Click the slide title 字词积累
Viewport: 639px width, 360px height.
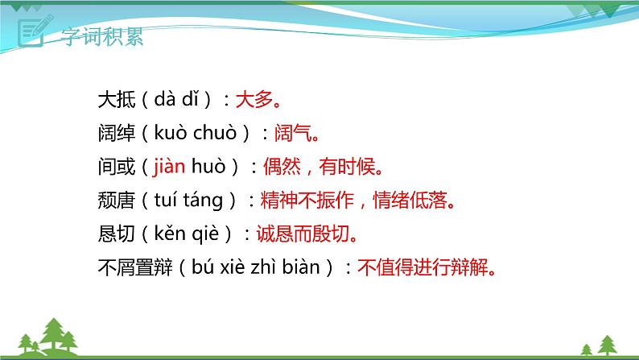tap(102, 36)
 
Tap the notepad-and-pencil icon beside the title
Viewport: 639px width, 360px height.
tap(35, 31)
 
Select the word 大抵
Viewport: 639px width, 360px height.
tap(117, 100)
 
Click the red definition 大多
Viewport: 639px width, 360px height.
tap(254, 100)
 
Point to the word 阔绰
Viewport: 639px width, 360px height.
tap(117, 133)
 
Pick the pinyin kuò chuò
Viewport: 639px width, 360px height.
tap(196, 133)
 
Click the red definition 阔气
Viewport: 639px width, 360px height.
tap(293, 133)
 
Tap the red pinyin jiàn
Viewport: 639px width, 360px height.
tap(169, 167)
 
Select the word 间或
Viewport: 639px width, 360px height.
tap(117, 167)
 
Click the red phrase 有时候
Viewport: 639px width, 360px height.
tap(347, 167)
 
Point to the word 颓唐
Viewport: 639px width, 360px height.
tap(117, 201)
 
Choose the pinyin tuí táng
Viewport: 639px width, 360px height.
tap(188, 201)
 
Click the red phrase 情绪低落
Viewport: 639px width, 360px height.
tap(410, 201)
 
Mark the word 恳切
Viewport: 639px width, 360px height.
tap(117, 234)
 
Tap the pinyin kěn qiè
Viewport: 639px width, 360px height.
tap(187, 234)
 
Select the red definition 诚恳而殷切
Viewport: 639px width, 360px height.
tap(303, 234)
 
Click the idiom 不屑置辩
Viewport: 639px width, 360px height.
tap(135, 267)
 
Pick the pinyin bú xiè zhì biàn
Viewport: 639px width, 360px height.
tap(256, 267)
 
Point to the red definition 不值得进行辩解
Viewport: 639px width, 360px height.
tap(423, 267)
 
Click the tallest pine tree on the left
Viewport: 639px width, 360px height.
tap(53, 334)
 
